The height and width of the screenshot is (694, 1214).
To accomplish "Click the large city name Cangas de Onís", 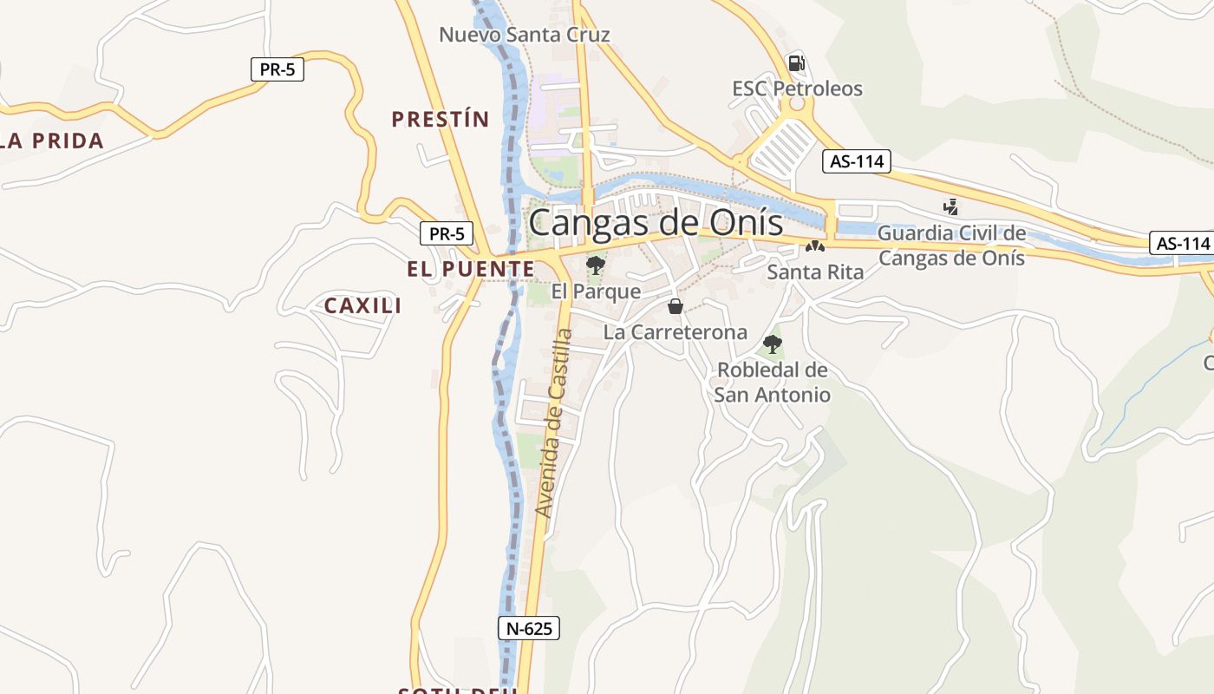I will coord(656,223).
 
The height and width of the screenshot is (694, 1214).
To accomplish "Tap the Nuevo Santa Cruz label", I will coord(524,36).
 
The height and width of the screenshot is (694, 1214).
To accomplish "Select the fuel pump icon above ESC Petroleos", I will coord(795,62).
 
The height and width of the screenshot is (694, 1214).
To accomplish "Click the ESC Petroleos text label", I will coord(797,88).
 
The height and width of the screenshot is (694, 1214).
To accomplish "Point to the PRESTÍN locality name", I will coord(441,120).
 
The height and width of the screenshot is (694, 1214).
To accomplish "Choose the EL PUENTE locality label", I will coord(471,270).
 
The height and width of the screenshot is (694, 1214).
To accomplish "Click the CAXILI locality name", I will coord(362,305).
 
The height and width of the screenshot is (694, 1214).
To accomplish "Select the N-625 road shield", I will coord(528,629).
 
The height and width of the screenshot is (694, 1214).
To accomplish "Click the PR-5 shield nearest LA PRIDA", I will coord(277,69).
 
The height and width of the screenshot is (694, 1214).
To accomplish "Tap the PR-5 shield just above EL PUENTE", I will coord(447,232).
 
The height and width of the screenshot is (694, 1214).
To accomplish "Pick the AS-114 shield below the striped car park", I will coord(856,161).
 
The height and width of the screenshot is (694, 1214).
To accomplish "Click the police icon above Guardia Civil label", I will coord(951,207).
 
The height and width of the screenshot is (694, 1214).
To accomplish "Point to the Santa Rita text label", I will coord(815,272).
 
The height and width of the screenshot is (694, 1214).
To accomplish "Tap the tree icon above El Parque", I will coord(595,265).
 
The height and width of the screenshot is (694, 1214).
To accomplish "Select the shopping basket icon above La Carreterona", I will coord(676,306).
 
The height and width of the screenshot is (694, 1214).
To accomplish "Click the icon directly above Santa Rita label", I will coord(813,246).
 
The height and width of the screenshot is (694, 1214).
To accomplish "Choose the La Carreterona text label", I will coord(675,332).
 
